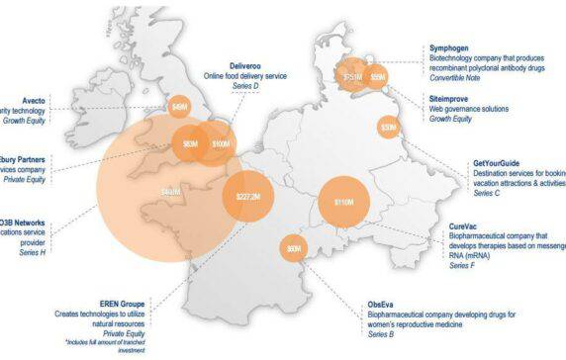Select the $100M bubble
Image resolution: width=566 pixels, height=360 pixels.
click(221, 144)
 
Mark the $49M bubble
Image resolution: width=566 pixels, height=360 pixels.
click(180, 106)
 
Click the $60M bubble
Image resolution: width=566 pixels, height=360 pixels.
click(294, 249)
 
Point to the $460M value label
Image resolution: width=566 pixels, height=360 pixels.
click(170, 191)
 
